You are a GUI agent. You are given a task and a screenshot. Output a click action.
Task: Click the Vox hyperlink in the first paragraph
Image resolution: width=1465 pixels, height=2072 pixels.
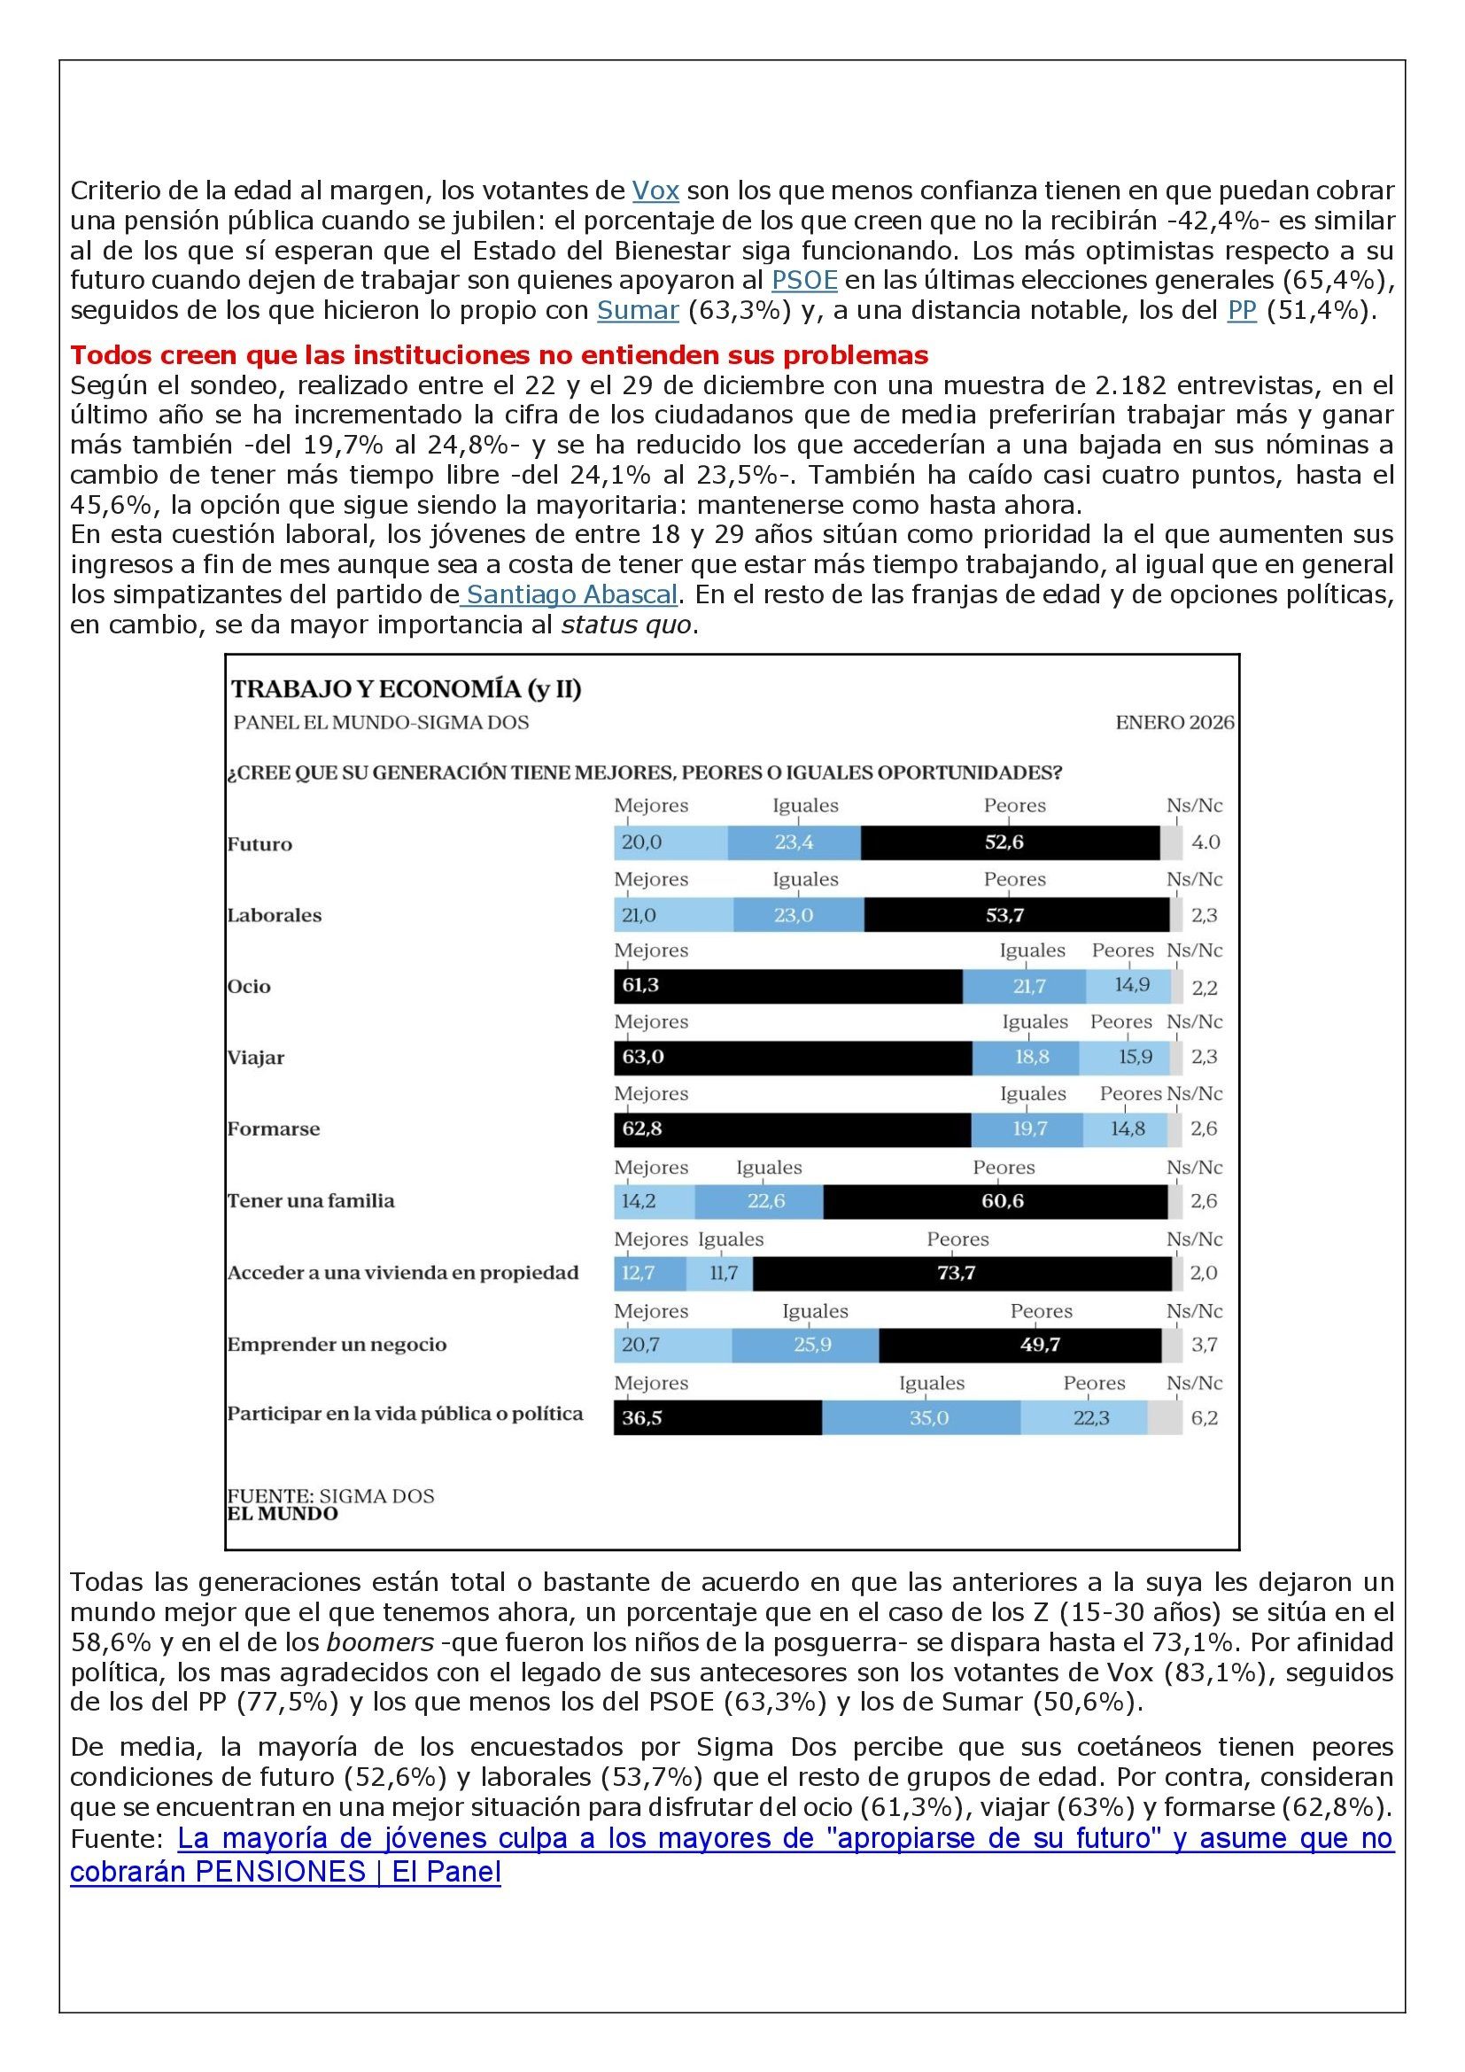(x=655, y=191)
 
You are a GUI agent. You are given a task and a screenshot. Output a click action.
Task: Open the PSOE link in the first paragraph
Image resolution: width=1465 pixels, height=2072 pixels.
(x=803, y=281)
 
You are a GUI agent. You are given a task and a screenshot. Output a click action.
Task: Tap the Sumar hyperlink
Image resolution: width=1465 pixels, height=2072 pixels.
(x=637, y=310)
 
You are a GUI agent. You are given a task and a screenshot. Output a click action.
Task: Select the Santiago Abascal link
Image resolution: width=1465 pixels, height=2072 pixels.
(x=572, y=595)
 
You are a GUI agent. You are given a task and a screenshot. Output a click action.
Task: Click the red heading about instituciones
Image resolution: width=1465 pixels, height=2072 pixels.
(x=499, y=354)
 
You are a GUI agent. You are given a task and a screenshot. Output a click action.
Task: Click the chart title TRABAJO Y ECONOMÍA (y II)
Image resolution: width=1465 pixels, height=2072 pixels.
(x=406, y=689)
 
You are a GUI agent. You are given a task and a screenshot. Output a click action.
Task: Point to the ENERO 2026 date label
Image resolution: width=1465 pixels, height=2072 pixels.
(x=1174, y=723)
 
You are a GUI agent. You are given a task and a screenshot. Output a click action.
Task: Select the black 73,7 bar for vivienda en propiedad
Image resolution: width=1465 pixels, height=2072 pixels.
(x=962, y=1273)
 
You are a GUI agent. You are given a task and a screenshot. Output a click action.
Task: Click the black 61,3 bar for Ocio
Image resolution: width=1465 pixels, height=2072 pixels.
(x=787, y=985)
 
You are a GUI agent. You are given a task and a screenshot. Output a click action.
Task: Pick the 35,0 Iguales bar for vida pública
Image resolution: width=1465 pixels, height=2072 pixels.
(x=921, y=1417)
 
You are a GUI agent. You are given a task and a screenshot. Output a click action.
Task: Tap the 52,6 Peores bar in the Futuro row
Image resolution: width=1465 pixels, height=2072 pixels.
(x=1010, y=842)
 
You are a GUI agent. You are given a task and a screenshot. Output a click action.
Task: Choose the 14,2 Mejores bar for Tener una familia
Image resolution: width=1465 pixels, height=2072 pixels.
(x=654, y=1201)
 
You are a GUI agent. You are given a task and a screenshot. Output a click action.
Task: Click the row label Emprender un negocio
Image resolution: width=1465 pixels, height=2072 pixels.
(x=337, y=1345)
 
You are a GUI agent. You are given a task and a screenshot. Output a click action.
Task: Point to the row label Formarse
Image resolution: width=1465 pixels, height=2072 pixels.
(x=274, y=1129)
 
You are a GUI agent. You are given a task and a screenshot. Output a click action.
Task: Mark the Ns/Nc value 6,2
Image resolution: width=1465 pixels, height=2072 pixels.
(x=1205, y=1417)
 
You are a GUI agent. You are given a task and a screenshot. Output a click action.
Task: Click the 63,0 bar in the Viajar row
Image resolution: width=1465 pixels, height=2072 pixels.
(x=792, y=1057)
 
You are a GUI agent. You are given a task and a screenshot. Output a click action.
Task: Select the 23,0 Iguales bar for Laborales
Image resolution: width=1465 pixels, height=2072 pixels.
(x=797, y=915)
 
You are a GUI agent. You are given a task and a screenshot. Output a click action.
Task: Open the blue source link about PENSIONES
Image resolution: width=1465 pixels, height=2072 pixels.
(x=731, y=1839)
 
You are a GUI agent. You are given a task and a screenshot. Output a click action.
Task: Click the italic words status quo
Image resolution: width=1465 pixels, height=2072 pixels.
(x=627, y=625)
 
